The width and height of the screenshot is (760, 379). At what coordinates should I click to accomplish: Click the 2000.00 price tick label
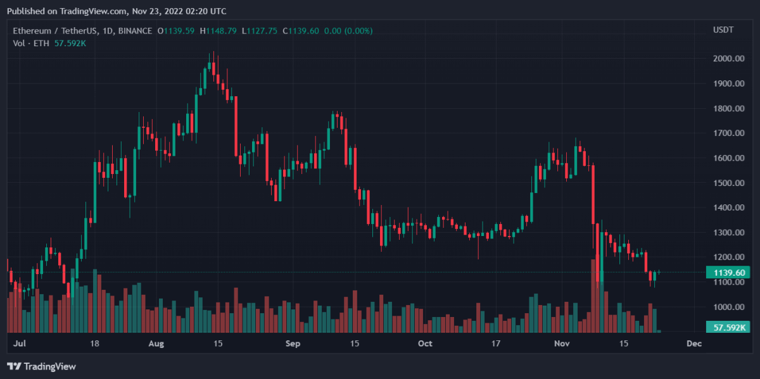coord(728,59)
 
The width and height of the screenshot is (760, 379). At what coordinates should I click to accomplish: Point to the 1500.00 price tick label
coord(728,183)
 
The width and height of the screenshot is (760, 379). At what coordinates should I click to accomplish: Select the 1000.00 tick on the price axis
coord(728,308)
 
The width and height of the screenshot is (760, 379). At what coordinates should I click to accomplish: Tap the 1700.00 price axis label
coord(728,134)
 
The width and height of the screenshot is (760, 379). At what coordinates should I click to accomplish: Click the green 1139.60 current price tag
coord(728,273)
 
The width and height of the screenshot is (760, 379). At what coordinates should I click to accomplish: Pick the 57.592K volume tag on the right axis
coord(728,327)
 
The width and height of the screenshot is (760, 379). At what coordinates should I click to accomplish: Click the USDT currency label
coord(723,30)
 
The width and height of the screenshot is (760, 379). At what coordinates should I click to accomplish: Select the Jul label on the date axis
coord(19,344)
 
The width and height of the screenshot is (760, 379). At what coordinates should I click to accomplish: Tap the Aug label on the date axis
coord(156,344)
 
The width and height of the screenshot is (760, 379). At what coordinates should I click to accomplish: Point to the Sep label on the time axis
coord(293,344)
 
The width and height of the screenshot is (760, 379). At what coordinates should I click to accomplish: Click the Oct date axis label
coord(425,344)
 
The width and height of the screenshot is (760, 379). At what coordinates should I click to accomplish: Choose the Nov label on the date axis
coord(562,344)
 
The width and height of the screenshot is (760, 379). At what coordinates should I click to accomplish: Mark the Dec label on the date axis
coord(694,344)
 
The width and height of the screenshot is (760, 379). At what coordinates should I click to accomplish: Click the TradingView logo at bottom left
coord(41,366)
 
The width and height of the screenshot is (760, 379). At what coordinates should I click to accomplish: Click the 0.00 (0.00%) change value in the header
coord(351,30)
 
